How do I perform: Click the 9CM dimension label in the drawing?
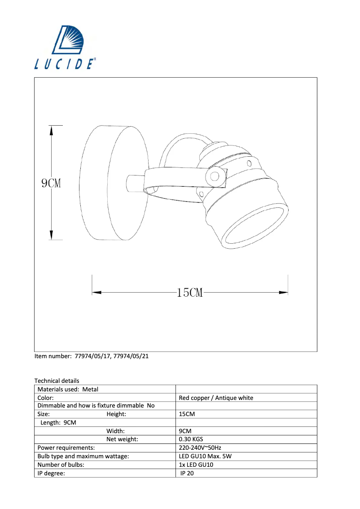click(51, 183)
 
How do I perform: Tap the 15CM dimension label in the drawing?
click(190, 293)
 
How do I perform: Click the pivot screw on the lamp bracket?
click(215, 176)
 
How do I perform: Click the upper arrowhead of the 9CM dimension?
click(51, 131)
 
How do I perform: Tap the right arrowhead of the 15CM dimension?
click(283, 293)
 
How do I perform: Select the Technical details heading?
click(57, 381)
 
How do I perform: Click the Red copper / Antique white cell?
click(216, 398)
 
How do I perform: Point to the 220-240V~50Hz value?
click(200, 448)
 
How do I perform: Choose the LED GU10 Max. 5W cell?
click(205, 456)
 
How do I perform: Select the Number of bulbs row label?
click(61, 465)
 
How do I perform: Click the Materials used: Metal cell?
click(68, 389)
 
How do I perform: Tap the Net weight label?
click(122, 439)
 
